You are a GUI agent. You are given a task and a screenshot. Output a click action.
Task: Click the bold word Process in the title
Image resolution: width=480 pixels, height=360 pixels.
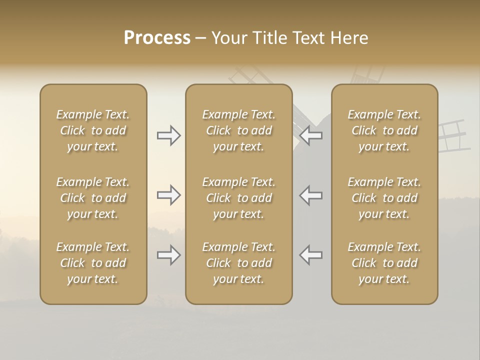point(157,38)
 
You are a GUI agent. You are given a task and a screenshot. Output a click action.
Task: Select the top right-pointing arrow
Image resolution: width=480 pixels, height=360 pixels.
point(169,135)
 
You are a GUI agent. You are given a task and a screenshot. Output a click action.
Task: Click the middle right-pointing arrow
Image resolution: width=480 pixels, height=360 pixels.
point(169,195)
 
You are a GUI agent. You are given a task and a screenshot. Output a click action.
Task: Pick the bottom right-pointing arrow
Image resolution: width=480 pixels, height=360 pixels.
point(169,255)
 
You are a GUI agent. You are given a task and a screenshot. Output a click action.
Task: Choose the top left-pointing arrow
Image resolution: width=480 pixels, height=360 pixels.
point(311,135)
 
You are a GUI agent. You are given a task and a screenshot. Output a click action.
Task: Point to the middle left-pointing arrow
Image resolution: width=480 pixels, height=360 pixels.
point(311,195)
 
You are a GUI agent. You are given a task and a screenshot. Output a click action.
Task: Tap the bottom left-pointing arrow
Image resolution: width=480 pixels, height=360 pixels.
point(311,255)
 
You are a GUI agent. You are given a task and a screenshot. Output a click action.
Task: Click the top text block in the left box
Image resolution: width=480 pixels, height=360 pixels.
point(93,130)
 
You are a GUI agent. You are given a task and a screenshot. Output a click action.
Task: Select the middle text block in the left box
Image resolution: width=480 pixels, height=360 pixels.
point(93,198)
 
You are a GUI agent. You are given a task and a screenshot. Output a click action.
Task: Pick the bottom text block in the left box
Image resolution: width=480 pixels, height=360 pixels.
point(93,263)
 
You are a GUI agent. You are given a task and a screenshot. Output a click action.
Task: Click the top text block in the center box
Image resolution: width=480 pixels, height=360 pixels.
point(238,130)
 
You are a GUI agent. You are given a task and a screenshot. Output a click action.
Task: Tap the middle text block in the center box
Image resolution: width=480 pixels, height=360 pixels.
point(238,198)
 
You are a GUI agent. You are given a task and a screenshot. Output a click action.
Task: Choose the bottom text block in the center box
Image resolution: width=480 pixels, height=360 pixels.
point(238,263)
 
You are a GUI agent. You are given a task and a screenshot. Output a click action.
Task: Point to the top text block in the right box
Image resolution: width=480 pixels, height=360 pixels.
point(384,130)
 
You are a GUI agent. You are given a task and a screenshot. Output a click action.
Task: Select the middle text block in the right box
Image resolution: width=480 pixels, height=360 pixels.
point(384,198)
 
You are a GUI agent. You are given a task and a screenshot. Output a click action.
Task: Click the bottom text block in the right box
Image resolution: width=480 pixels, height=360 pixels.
point(384,263)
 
